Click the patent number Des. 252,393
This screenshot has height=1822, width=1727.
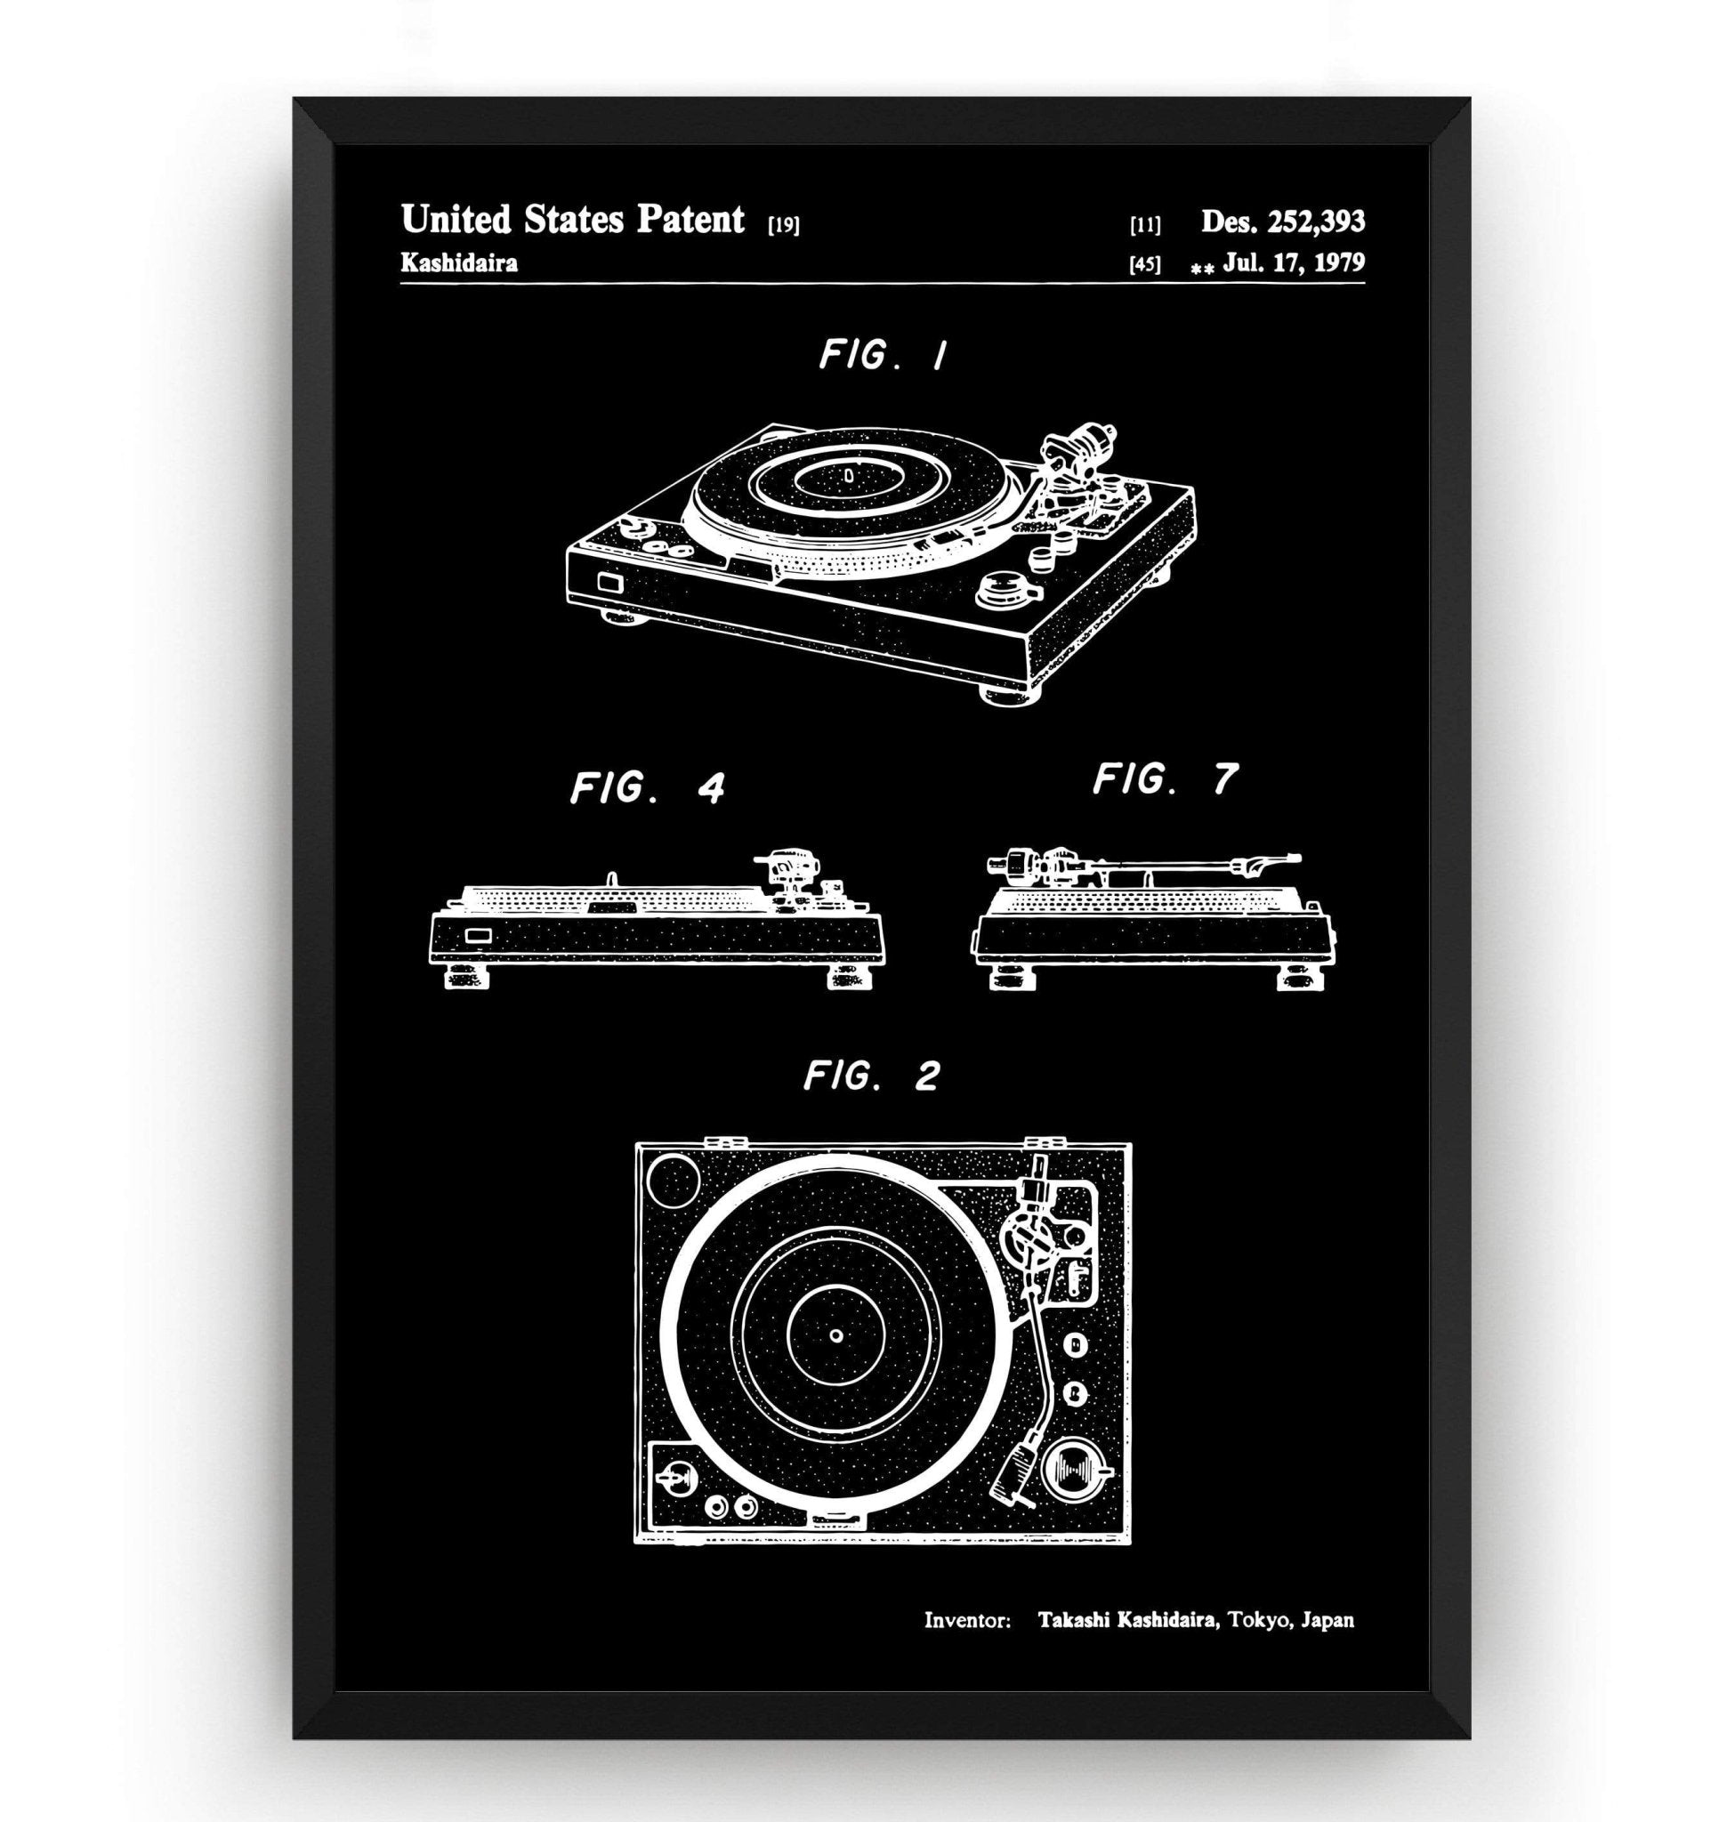1282,221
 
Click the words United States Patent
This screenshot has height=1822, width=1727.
572,219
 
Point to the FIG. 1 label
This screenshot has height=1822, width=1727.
882,356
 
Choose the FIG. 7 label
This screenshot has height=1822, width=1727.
1165,778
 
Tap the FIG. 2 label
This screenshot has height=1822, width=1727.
871,1075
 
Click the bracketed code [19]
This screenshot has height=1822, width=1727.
783,226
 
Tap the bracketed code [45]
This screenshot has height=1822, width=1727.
1145,265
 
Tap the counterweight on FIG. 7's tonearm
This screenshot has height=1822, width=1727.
1002,866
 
